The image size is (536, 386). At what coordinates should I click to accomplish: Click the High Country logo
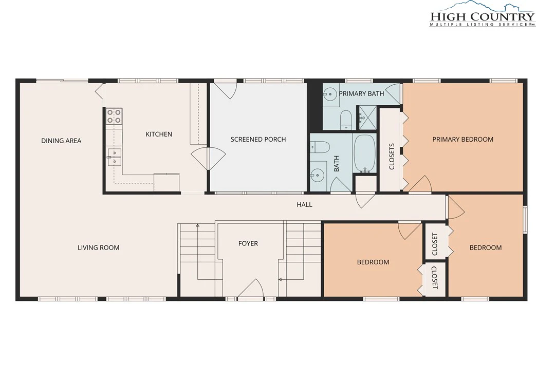pos(482,14)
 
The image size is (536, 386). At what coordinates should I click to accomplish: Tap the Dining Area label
pos(61,141)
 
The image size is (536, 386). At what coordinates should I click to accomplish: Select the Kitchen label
pos(159,134)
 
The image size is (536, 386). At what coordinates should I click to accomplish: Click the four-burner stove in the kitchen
pos(114,115)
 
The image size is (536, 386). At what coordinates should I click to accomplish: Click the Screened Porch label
pos(258,139)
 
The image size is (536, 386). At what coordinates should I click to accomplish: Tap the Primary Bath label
pos(361,93)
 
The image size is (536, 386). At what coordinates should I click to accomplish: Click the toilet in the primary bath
pos(346,120)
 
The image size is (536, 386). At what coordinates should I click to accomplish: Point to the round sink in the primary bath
pos(330,93)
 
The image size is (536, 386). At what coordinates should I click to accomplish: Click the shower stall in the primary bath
pos(366,118)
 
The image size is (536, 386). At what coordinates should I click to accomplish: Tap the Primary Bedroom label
pos(463,139)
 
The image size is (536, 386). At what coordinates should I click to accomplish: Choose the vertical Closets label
pos(392,157)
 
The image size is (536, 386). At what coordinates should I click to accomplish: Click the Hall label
pos(304,204)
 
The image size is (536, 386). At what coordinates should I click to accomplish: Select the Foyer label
pos(248,243)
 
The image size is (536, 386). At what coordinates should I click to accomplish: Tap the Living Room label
pos(99,247)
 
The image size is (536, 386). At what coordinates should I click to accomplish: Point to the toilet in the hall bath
pos(320,147)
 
